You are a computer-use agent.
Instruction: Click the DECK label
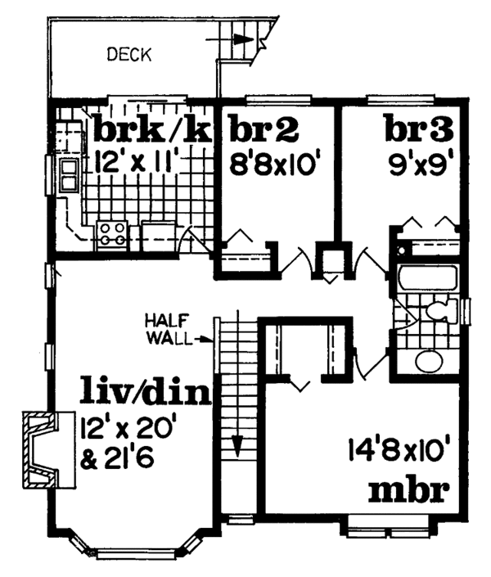click(129, 56)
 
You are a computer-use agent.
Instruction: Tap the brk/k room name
click(152, 128)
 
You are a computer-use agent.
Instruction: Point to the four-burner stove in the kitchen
click(111, 235)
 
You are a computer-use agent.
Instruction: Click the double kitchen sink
click(67, 174)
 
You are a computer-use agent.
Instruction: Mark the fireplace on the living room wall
click(38, 451)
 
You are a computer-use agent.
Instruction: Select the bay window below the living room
click(135, 549)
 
